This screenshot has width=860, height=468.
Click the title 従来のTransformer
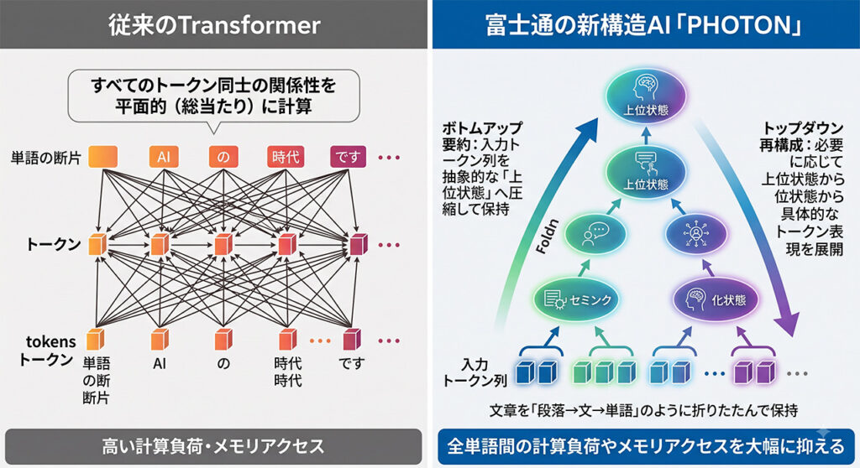(214, 25)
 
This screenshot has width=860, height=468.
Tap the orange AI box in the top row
(164, 158)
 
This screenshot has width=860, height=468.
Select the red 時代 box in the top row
(286, 158)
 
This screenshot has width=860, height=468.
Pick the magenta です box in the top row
(348, 158)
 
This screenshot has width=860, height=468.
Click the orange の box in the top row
(223, 158)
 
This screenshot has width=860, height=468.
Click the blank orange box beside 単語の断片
(102, 157)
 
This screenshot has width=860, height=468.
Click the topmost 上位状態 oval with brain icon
(646, 96)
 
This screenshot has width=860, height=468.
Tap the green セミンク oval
(576, 299)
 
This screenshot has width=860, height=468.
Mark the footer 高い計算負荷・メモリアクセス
(213, 446)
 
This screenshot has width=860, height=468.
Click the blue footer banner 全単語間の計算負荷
(646, 446)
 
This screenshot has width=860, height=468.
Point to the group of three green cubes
(604, 372)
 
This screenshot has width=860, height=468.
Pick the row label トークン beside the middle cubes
(54, 244)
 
